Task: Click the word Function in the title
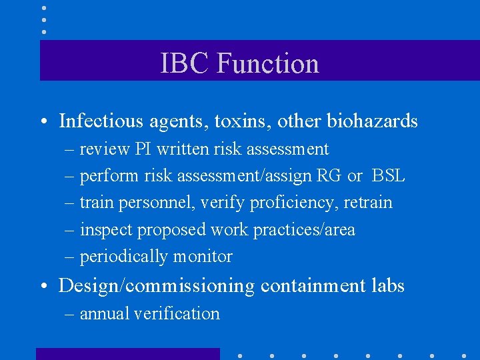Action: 268,63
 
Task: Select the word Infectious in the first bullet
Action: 101,121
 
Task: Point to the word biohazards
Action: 372,121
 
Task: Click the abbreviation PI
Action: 144,149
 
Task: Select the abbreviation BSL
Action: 388,176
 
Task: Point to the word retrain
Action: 368,203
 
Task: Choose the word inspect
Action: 106,230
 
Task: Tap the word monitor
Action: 203,257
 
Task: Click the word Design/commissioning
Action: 157,286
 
